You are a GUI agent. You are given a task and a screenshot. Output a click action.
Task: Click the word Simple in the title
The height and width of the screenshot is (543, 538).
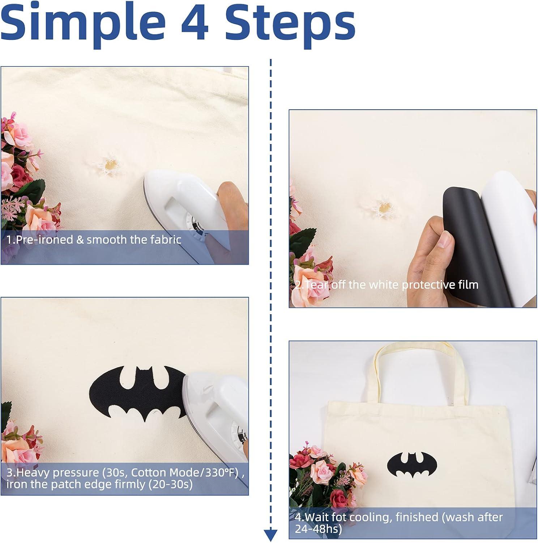tap(82, 22)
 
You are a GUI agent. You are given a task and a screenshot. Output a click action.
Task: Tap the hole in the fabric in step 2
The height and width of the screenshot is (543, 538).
tap(384, 208)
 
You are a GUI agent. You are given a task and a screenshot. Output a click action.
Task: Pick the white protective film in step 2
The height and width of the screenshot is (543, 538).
tap(510, 232)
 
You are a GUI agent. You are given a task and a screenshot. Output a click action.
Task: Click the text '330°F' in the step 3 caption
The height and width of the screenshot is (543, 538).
tap(222, 472)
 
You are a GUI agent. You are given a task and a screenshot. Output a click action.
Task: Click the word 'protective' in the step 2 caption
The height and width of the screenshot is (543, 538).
tap(429, 285)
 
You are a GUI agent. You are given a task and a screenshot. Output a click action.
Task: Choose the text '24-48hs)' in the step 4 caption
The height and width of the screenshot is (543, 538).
tap(319, 529)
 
